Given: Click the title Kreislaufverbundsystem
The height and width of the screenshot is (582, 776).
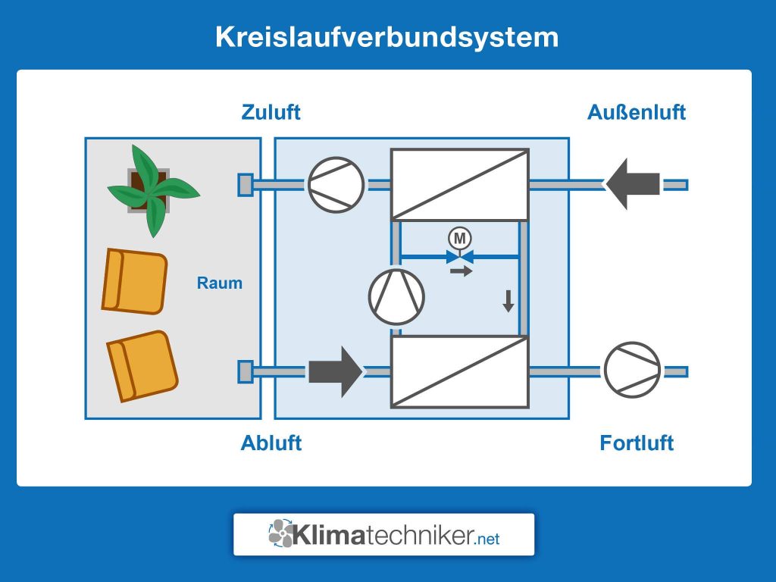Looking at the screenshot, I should click(386, 37).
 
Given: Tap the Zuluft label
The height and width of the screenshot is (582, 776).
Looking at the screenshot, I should click(271, 112).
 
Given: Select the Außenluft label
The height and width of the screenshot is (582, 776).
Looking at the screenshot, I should click(636, 112).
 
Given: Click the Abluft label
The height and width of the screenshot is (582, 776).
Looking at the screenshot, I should click(271, 443).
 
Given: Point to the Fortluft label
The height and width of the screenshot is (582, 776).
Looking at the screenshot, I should click(636, 443).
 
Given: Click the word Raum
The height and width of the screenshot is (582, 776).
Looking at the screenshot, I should click(220, 283).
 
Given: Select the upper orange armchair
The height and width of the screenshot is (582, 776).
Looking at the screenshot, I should click(134, 281).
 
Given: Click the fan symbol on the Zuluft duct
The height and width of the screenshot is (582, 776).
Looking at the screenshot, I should click(336, 184).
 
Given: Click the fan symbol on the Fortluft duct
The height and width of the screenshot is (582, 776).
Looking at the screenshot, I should click(632, 371).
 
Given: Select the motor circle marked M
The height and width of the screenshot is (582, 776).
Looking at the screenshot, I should click(459, 238).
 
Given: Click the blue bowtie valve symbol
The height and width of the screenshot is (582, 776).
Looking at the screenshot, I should click(459, 256).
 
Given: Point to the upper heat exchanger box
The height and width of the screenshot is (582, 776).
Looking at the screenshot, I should click(459, 184).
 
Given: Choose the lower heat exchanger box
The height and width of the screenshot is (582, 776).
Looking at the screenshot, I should click(459, 371).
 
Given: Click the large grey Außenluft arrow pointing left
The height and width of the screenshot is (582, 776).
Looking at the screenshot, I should click(633, 184).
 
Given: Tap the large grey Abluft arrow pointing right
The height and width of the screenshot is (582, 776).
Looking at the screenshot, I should click(336, 371).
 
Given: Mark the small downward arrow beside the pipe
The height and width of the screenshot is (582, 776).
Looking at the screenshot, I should click(508, 300).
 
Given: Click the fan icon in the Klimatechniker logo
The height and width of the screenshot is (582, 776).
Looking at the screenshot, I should click(281, 533).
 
